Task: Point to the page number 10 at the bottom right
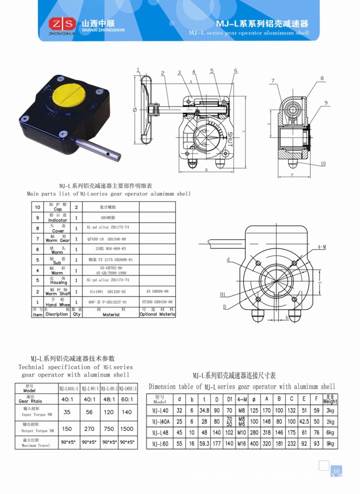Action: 336,471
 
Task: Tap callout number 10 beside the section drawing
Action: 323,164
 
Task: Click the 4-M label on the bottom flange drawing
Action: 322,247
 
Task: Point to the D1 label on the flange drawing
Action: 223,294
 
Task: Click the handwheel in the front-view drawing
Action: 143,110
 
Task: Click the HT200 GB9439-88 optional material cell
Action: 157,302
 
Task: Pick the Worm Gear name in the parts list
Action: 57,238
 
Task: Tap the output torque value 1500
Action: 127,428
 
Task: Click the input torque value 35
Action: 67,412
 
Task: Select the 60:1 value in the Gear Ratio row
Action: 127,399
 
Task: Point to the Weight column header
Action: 330,399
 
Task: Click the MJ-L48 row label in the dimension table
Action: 160,433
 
